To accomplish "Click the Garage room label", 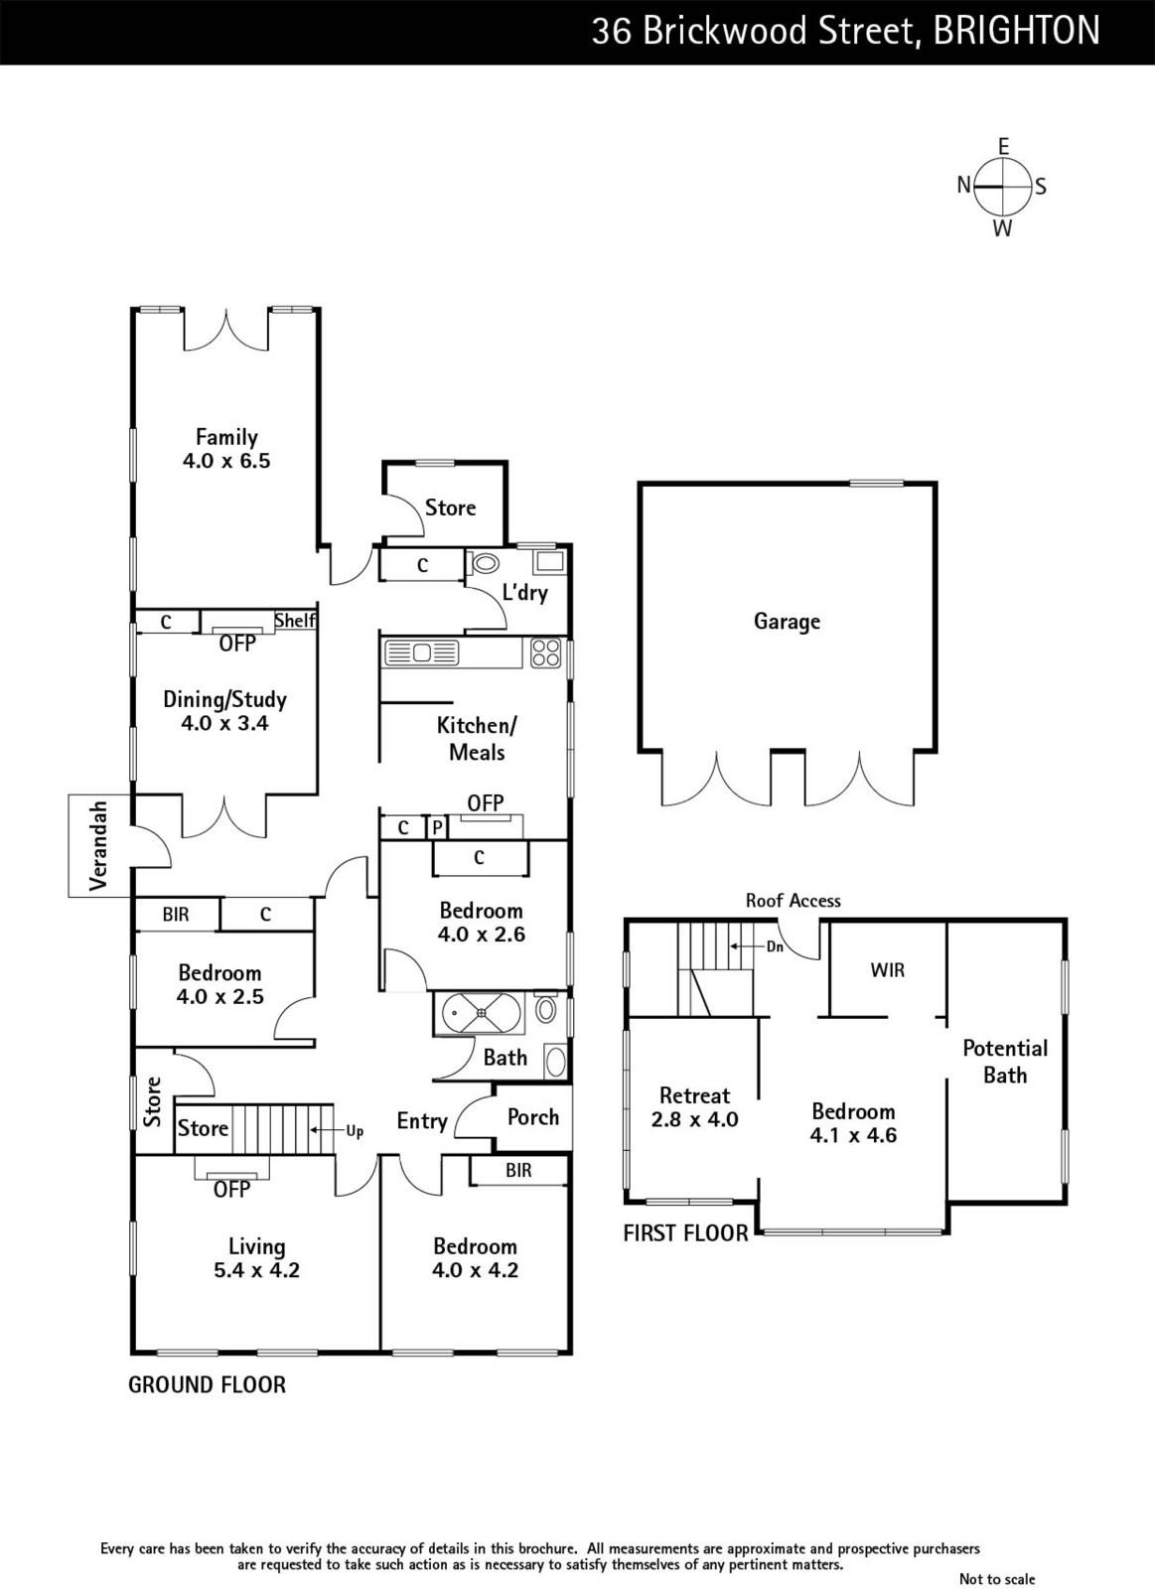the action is [x=787, y=622].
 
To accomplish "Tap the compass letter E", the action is [x=1003, y=147].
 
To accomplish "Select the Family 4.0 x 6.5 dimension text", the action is [x=226, y=461].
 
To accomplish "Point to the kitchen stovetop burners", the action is [x=546, y=652].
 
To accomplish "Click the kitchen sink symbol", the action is [x=421, y=652].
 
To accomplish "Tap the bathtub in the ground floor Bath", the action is [x=482, y=1013].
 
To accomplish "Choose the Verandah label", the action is [x=98, y=845].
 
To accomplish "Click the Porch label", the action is [x=532, y=1117].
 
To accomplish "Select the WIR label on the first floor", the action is [x=888, y=969].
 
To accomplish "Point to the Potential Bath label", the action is [x=1005, y=1062].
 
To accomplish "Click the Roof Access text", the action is [x=794, y=901].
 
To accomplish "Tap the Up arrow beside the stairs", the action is [x=322, y=1131].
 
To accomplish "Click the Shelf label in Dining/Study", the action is [x=294, y=620].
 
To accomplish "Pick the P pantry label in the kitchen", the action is [x=437, y=828].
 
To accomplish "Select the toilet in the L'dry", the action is [x=484, y=564].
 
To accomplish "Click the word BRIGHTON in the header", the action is [x=1017, y=31].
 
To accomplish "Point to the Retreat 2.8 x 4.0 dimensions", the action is [x=694, y=1119].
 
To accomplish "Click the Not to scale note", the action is [x=997, y=1578].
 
